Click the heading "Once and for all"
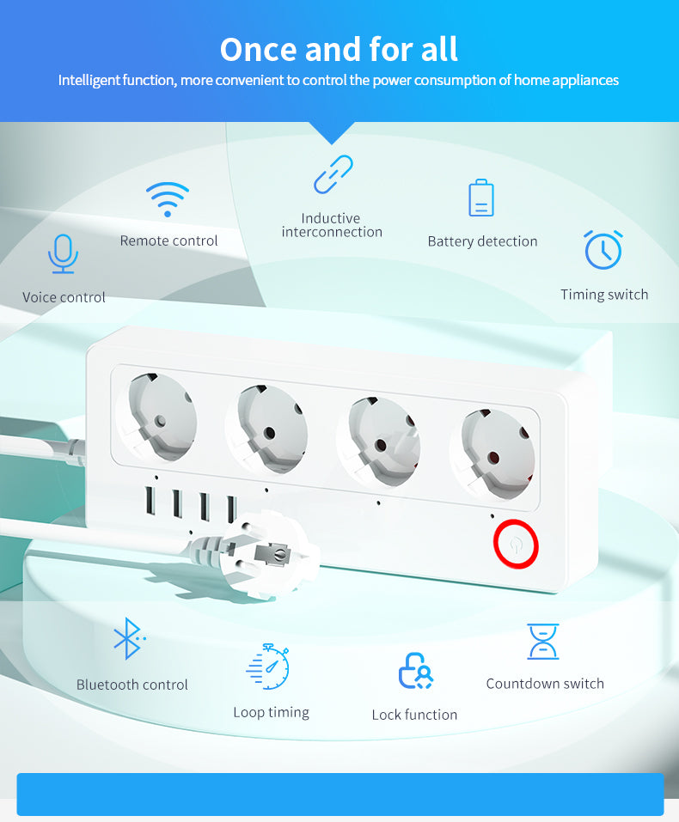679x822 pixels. click(339, 49)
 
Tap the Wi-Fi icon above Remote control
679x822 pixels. click(168, 200)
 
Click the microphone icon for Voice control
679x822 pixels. click(63, 253)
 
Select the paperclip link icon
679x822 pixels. click(333, 174)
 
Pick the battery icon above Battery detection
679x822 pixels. click(481, 198)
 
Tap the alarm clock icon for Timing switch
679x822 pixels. click(603, 249)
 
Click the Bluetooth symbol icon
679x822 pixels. click(128, 638)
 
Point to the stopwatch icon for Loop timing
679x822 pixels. click(269, 667)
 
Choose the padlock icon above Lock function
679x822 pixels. click(414, 671)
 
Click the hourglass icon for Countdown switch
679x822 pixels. click(543, 642)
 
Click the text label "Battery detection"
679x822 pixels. click(482, 241)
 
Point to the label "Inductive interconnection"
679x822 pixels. click(332, 225)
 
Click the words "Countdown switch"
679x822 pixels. click(545, 684)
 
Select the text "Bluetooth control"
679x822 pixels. click(132, 685)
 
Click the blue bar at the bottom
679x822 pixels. click(339, 794)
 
